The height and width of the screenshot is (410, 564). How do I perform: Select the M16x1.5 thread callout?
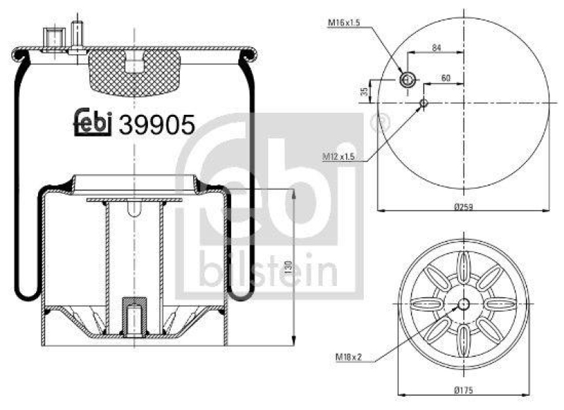(x=345, y=23)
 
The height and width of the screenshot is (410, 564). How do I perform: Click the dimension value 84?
(x=438, y=47)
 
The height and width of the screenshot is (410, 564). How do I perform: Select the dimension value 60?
(x=445, y=77)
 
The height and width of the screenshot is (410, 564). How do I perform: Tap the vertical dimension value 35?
(x=364, y=91)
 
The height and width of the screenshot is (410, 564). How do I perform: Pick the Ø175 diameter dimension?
(x=462, y=390)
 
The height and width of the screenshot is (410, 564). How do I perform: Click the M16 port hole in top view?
(x=406, y=80)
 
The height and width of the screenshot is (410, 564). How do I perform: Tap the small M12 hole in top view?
(x=423, y=104)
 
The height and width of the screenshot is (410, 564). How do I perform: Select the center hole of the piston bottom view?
(x=463, y=304)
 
